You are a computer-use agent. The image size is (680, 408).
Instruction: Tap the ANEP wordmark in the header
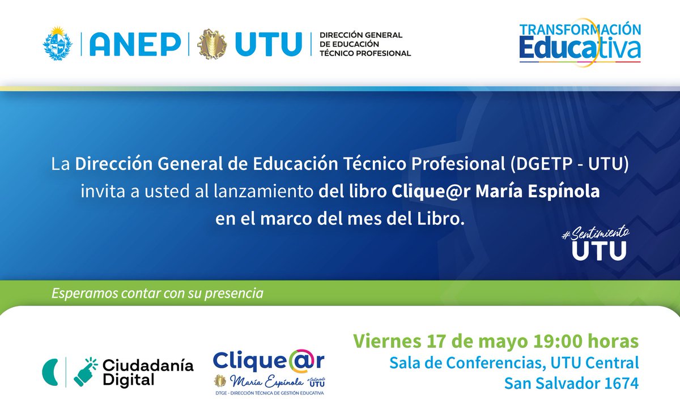pos(131,44)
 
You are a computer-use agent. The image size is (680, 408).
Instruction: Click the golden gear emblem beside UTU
pos(212,44)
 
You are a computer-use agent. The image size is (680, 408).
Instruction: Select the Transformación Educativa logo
pos(580,44)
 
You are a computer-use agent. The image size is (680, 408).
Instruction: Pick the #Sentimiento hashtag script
pos(595,233)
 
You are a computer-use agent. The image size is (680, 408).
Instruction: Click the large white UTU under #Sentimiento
pos(599,250)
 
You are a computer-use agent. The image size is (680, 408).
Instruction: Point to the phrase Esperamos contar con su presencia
pos(158,294)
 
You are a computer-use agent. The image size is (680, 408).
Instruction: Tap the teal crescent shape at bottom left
pos(50,371)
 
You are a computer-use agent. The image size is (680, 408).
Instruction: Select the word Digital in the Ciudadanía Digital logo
pos(129,380)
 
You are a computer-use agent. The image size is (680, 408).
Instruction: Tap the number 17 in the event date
pos(435,342)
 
